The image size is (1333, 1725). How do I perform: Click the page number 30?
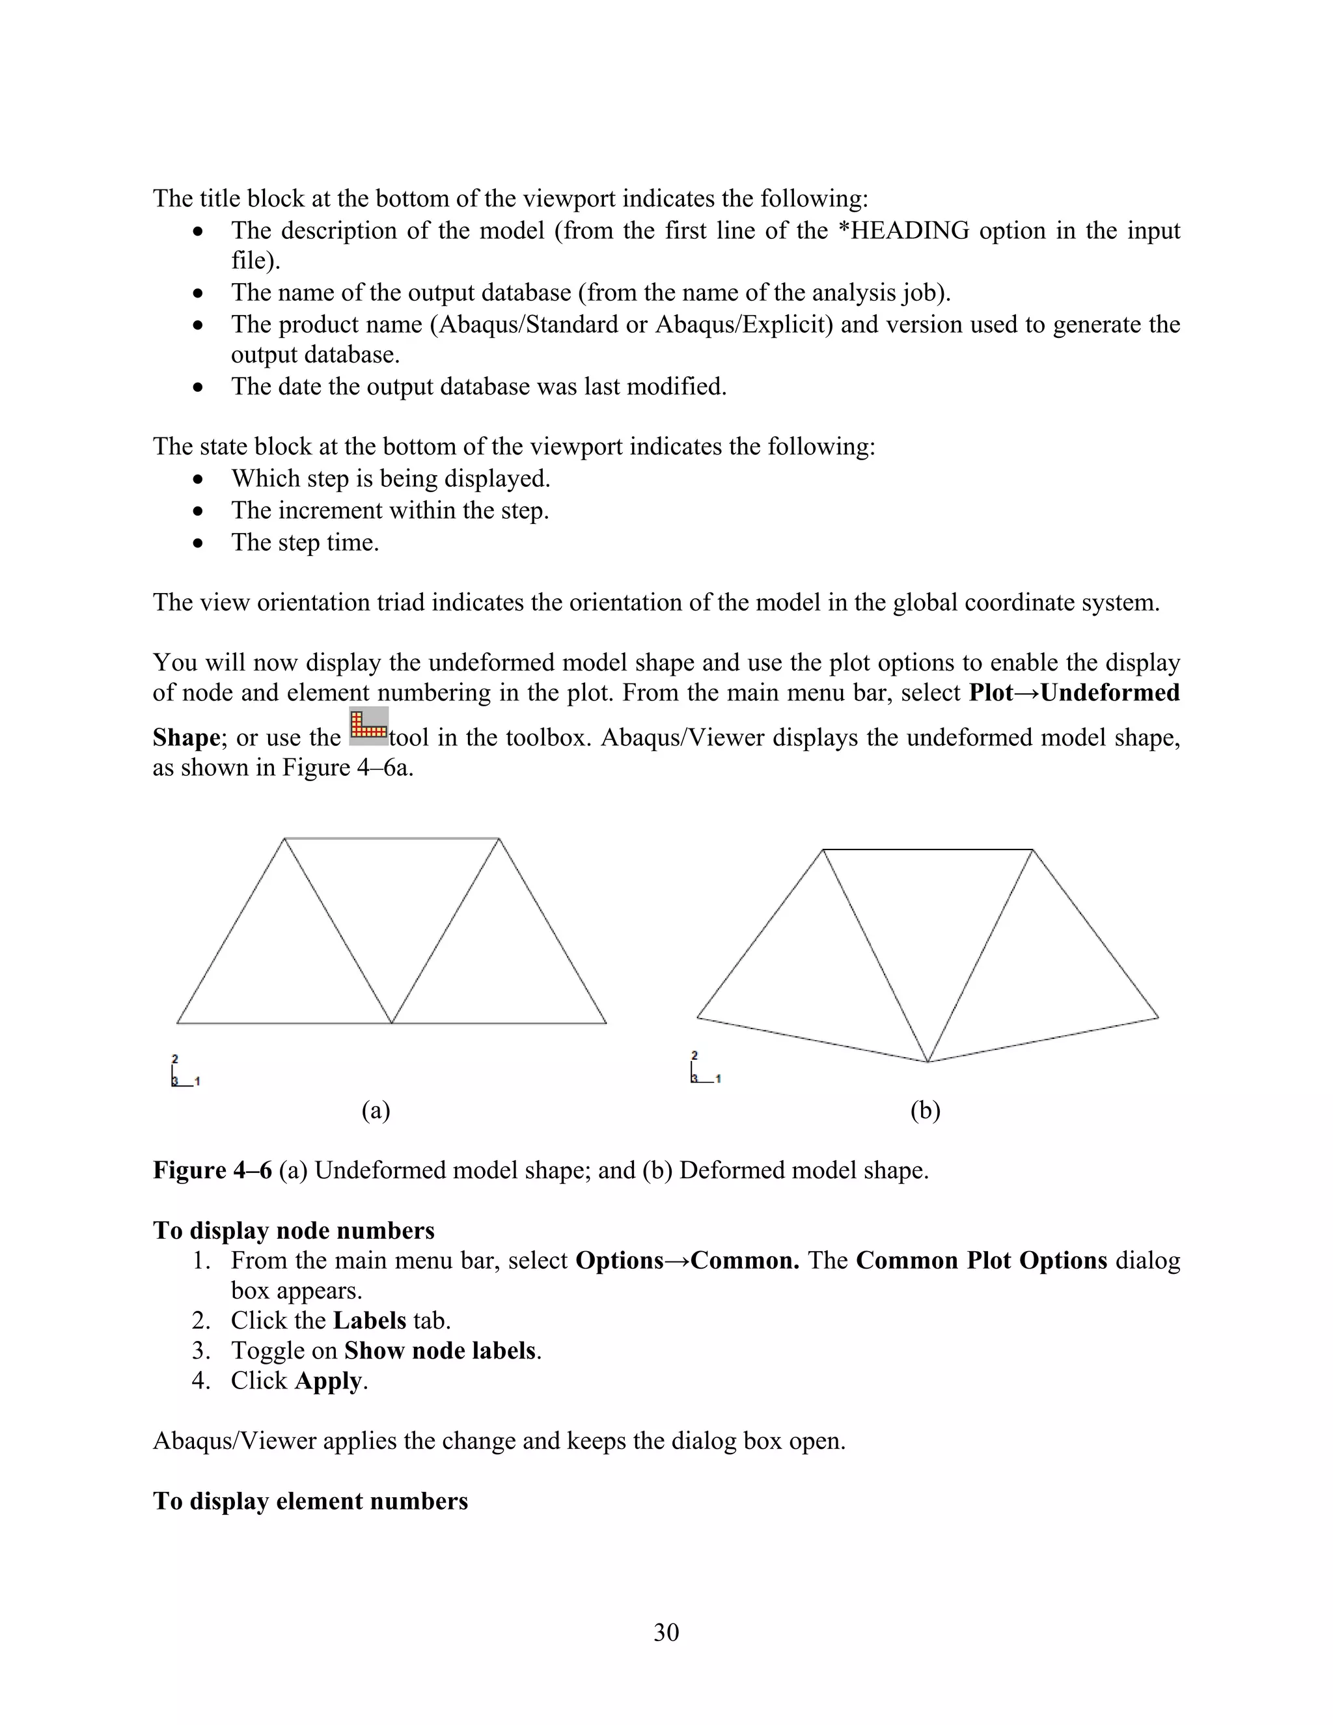[666, 1632]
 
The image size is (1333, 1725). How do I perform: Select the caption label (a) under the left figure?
[376, 1111]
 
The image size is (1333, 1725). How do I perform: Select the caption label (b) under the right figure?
[925, 1111]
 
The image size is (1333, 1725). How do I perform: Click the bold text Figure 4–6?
[212, 1170]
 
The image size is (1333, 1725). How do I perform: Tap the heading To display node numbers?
[294, 1230]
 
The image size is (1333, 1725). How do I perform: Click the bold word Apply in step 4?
[329, 1381]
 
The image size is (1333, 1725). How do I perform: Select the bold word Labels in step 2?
[370, 1321]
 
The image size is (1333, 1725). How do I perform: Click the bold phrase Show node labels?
[440, 1351]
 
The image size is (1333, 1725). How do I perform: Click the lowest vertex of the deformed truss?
[928, 1062]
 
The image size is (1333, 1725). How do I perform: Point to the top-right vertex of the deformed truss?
[1032, 850]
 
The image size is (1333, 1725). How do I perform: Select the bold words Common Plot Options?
[982, 1261]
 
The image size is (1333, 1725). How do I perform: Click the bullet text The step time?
[305, 543]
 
